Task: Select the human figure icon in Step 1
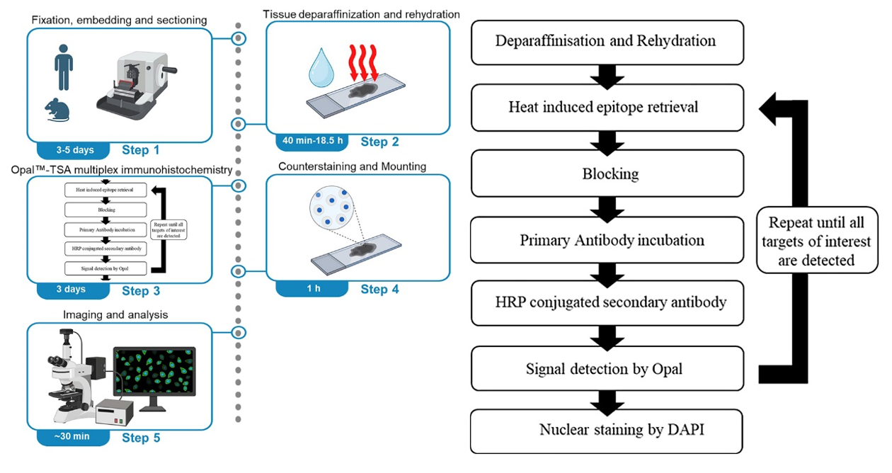click(x=64, y=68)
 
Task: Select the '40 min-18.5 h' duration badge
click(x=312, y=141)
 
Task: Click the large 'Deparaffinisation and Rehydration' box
click(x=607, y=41)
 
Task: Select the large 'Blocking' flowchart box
click(x=607, y=174)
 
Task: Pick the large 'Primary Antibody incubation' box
click(x=607, y=240)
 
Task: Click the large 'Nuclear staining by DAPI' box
click(x=607, y=431)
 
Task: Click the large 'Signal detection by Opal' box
click(x=607, y=368)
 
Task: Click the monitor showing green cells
click(x=154, y=377)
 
